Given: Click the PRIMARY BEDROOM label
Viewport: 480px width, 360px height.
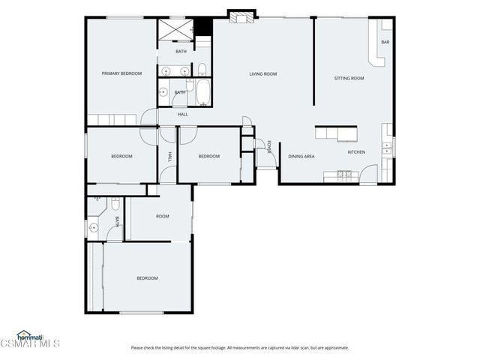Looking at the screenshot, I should click(x=122, y=73).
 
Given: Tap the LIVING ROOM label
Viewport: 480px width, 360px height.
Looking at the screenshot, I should click(x=264, y=73).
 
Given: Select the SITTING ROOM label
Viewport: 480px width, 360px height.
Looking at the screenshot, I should click(x=349, y=78).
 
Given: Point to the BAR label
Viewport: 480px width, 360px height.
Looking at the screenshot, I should click(x=385, y=42).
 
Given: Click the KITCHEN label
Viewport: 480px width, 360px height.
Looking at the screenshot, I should click(x=356, y=152).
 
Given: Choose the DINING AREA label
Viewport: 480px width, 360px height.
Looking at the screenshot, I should click(x=301, y=156).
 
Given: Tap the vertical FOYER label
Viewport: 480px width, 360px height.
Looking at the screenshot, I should click(x=269, y=146).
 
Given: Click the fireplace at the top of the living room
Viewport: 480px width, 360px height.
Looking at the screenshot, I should click(x=241, y=16).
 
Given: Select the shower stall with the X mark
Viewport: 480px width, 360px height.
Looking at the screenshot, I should click(x=173, y=31).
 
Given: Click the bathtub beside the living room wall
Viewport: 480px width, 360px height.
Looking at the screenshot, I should click(x=202, y=93).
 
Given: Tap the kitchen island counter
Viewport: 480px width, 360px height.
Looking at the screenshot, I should click(x=337, y=133).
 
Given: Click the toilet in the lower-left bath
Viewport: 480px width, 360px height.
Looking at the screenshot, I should click(x=114, y=203).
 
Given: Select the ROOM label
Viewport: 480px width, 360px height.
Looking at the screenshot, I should click(x=162, y=216).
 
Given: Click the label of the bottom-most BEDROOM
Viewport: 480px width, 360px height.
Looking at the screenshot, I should click(x=147, y=278).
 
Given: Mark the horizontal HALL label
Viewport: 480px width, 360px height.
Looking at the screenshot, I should click(x=182, y=115).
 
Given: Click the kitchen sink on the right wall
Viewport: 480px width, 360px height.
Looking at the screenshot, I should click(x=388, y=148).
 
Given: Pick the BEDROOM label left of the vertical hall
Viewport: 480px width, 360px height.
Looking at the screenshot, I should click(x=121, y=156).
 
